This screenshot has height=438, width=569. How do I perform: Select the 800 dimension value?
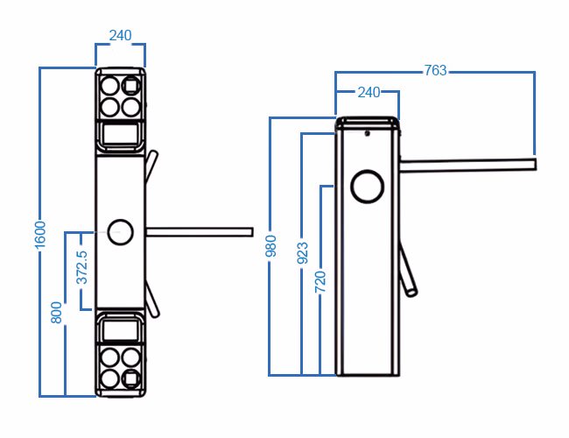pos(57,314)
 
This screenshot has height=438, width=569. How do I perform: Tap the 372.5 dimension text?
pos(82,268)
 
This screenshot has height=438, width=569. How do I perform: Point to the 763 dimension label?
pos(435,71)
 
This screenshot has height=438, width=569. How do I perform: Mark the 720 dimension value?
pos(320,281)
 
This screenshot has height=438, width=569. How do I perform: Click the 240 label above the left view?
pos(120,36)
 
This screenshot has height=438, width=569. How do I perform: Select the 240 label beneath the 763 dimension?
pos(367,92)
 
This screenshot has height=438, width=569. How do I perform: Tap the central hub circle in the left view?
pos(120,231)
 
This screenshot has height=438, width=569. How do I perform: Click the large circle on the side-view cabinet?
pos(368,186)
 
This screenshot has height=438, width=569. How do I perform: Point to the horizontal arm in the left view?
pos(200,231)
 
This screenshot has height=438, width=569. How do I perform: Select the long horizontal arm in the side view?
pos(468,164)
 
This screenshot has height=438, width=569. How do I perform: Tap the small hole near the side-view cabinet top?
pos(368,134)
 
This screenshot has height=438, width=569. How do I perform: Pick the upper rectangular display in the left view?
pos(119,135)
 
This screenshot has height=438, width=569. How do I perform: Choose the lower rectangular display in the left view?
pos(119,328)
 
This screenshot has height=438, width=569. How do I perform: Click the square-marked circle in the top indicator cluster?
pos(131,86)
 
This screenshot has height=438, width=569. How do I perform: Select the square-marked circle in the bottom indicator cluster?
pos(131,378)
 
